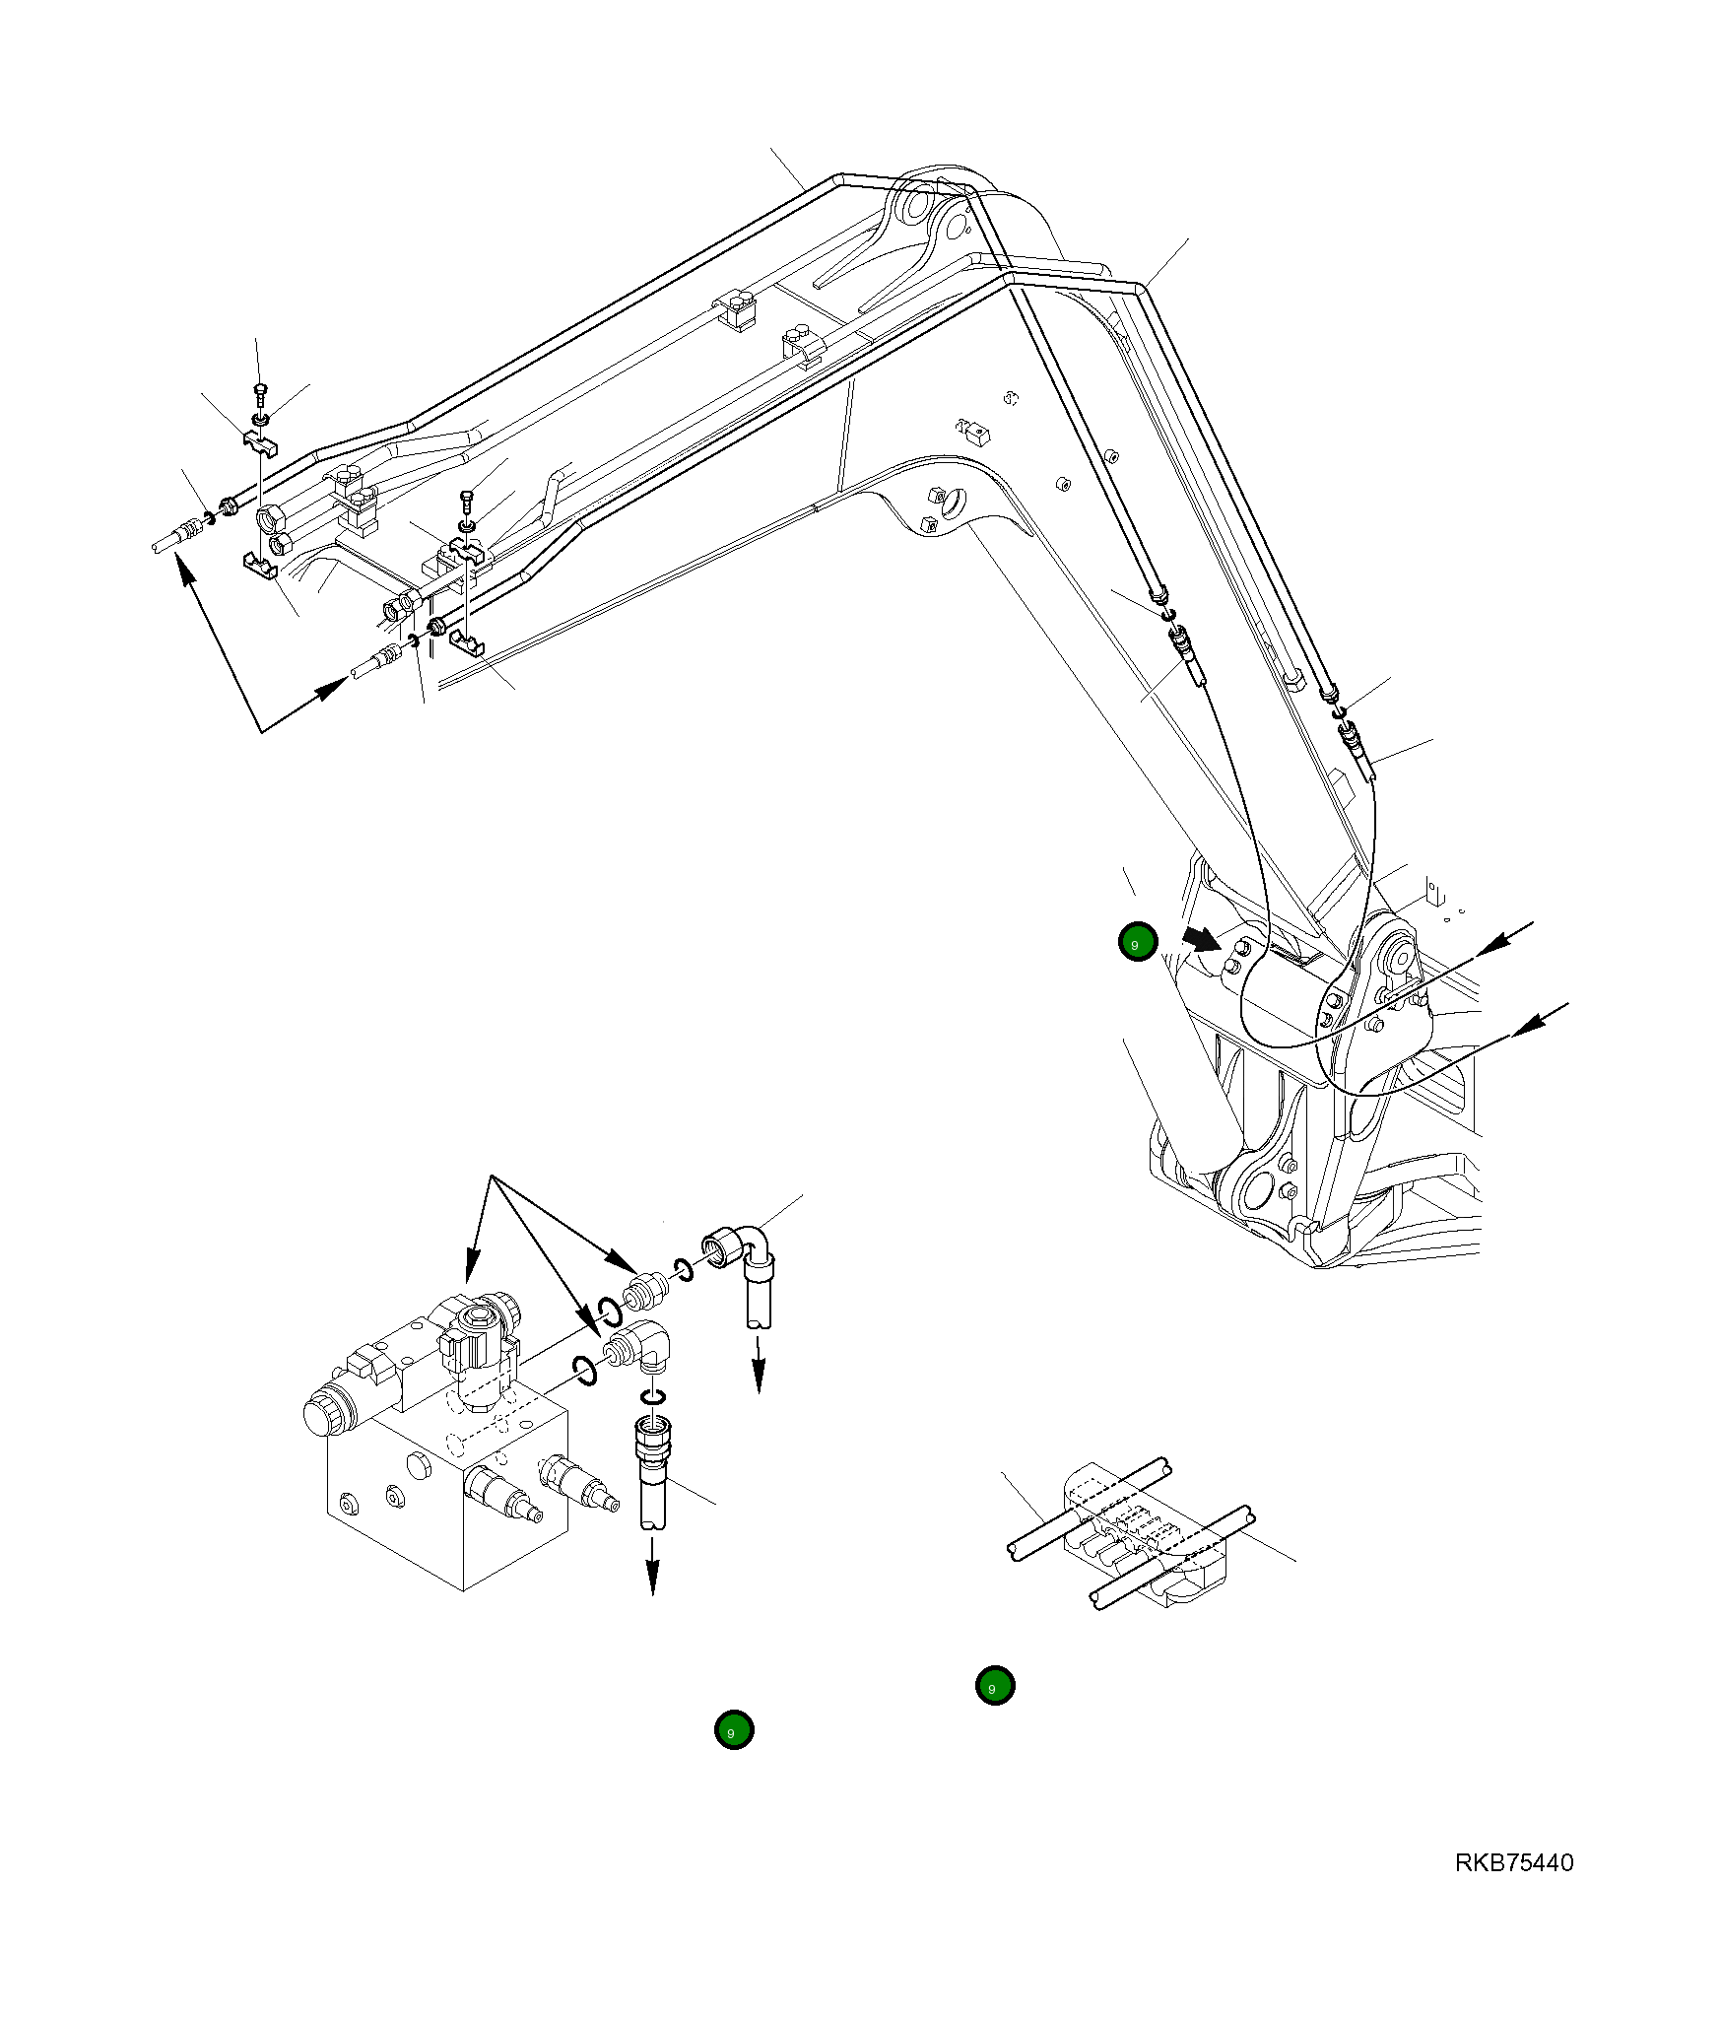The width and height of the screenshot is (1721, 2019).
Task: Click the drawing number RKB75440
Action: pyautogui.click(x=1513, y=1863)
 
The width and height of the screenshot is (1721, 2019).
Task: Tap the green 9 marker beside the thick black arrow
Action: pyautogui.click(x=1138, y=942)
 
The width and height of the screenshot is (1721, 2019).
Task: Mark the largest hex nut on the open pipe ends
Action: pyautogui.click(x=273, y=517)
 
